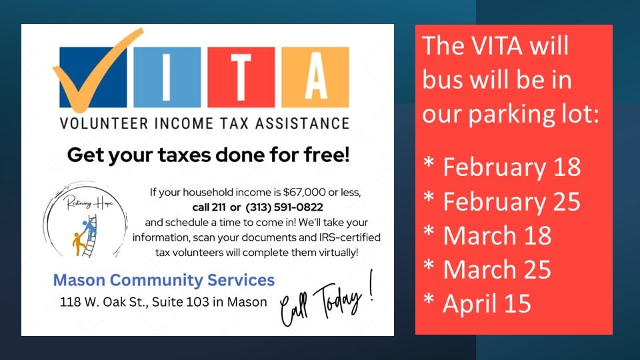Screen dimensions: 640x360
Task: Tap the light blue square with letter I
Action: (167, 77)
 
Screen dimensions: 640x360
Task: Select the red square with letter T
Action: (241, 77)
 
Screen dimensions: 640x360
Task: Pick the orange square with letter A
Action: (315, 77)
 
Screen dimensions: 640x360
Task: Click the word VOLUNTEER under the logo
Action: (104, 123)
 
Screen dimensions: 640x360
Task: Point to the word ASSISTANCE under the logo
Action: (303, 123)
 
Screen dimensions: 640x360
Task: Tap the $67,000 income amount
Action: (305, 192)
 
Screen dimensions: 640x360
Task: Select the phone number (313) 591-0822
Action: (284, 207)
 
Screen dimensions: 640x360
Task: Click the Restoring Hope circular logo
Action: (85, 220)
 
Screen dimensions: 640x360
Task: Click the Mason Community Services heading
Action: (164, 280)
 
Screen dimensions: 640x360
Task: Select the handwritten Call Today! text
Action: (327, 300)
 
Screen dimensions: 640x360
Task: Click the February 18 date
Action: (511, 167)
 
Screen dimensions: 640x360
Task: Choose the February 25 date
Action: (511, 201)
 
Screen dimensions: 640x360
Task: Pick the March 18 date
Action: (497, 235)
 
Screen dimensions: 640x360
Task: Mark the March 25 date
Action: (497, 269)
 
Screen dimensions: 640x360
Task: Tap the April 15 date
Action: (487, 304)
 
